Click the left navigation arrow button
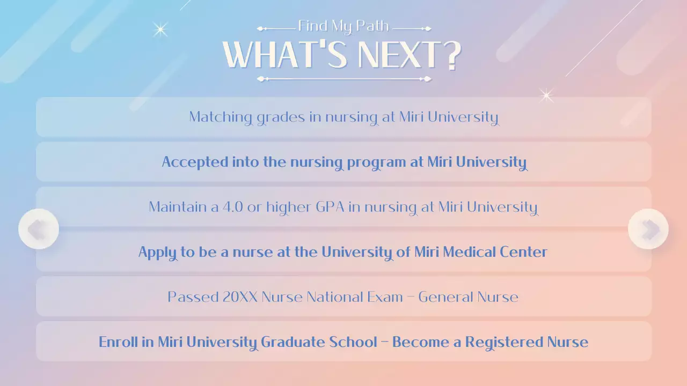(39, 229)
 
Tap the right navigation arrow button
(648, 229)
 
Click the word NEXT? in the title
(410, 55)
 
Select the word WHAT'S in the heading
(285, 55)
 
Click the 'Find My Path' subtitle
(343, 26)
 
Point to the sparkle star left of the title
(160, 29)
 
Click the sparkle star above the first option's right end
(546, 96)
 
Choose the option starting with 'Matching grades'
(343, 117)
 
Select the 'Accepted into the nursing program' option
(343, 162)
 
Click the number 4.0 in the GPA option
(233, 207)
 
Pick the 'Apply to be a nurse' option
(343, 252)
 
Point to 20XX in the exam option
(240, 297)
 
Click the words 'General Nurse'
(469, 297)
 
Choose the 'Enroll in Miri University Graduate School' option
(343, 342)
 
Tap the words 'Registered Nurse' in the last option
(527, 342)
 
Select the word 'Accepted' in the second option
(195, 162)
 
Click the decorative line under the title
(344, 79)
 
